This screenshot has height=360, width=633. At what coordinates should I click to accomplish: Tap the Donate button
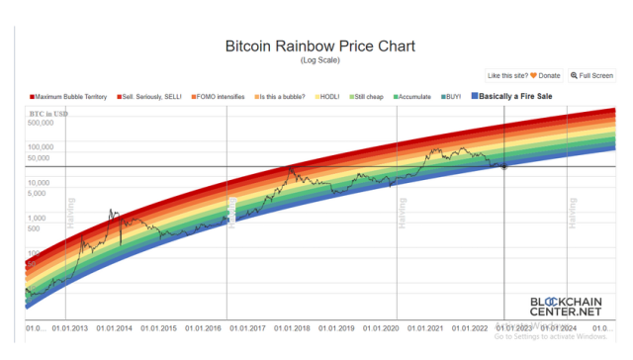(x=541, y=75)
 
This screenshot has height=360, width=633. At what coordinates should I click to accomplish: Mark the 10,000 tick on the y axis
(x=40, y=183)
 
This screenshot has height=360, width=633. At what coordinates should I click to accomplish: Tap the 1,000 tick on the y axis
(x=37, y=218)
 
